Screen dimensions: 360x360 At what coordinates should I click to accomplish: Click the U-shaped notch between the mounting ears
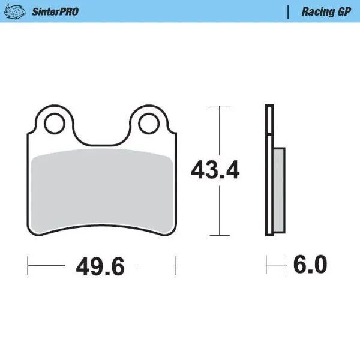point(101,129)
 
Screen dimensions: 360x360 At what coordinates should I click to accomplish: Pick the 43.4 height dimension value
point(215,170)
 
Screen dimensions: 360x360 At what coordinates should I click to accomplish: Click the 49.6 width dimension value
point(100,265)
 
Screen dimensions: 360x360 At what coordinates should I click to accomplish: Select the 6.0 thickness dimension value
point(311,264)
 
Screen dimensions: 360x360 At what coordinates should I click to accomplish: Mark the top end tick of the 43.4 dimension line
point(220,107)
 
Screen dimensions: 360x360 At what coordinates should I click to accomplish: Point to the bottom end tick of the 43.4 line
point(220,235)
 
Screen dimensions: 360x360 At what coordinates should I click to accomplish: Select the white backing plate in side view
point(269,170)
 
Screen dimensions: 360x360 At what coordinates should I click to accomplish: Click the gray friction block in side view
point(279,191)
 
